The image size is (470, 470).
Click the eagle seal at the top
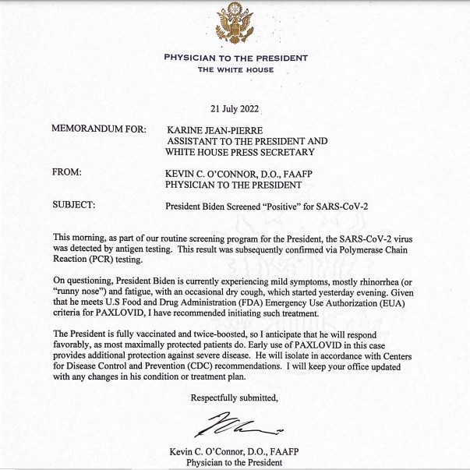pos(235,25)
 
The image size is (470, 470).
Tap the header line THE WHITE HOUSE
pos(235,70)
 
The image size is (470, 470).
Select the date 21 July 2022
pos(235,108)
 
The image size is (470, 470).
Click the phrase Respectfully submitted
pos(235,398)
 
